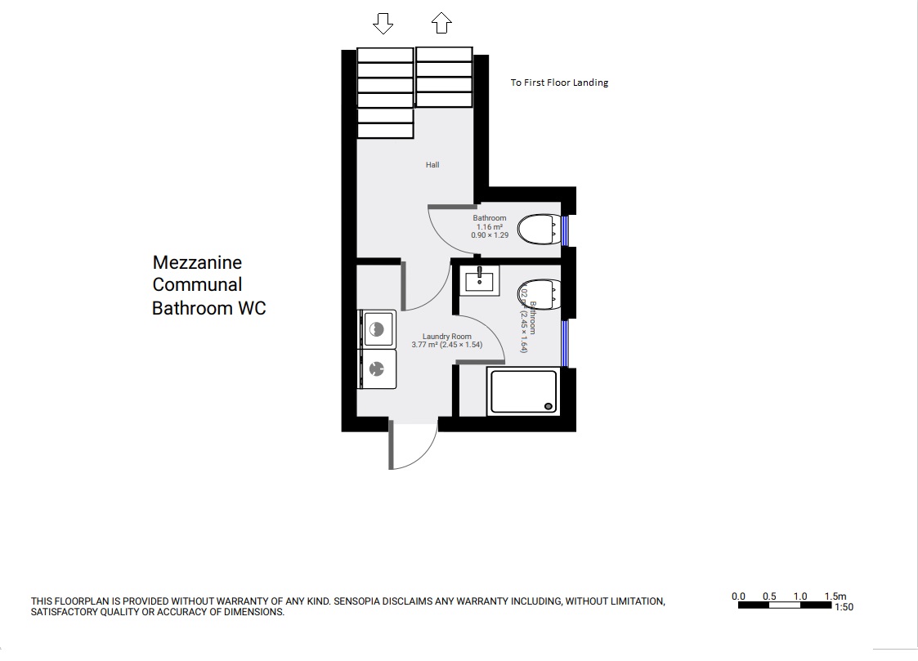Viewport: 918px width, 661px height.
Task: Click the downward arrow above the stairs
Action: coord(383,24)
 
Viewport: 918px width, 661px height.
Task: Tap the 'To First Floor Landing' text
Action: coord(559,83)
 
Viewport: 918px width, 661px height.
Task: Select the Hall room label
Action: coord(432,165)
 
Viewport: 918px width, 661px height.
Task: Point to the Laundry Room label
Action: coord(446,337)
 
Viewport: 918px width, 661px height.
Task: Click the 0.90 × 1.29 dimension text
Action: coord(490,235)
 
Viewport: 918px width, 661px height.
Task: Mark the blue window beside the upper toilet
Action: coord(565,230)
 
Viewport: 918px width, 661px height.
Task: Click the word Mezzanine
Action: coord(197,263)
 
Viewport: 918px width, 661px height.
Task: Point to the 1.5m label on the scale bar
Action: coord(835,596)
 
